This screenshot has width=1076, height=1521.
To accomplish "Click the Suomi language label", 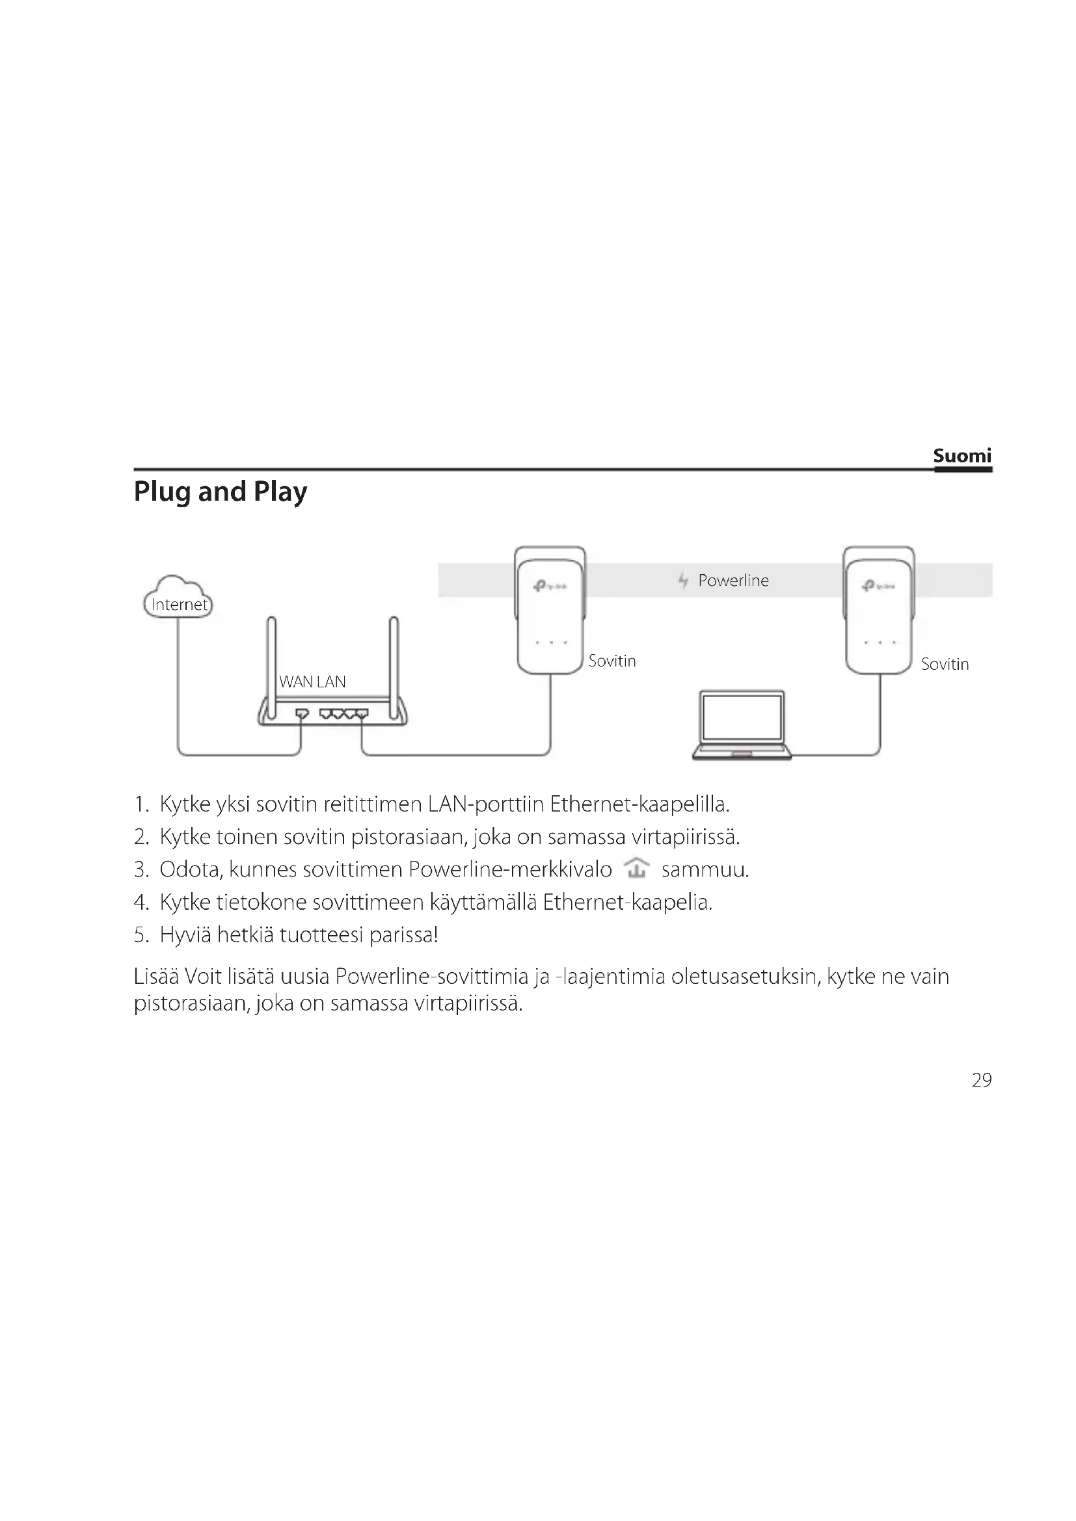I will [962, 456].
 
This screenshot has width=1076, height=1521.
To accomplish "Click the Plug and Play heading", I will [221, 492].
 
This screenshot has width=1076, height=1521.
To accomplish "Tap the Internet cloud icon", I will [178, 597].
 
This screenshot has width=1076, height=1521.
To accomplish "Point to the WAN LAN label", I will [312, 681].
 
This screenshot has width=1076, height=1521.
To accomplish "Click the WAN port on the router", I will [302, 713].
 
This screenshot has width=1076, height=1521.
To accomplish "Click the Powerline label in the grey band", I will [733, 580].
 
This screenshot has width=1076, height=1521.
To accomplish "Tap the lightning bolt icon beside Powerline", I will [683, 580].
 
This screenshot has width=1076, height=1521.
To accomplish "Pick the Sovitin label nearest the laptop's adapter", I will [944, 664].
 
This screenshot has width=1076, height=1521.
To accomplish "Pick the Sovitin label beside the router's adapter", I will [612, 661].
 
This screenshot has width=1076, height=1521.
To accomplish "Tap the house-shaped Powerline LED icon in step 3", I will [637, 868].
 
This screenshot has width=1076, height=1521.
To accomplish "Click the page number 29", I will [981, 1081].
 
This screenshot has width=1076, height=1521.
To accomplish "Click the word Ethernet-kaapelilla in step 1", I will [639, 804].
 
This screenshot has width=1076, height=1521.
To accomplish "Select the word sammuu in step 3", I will [705, 869].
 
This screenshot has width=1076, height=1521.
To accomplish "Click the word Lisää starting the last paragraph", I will [155, 977].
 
